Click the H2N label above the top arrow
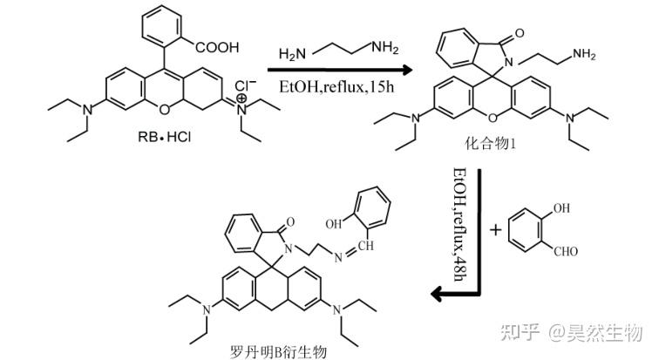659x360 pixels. [290, 55]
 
